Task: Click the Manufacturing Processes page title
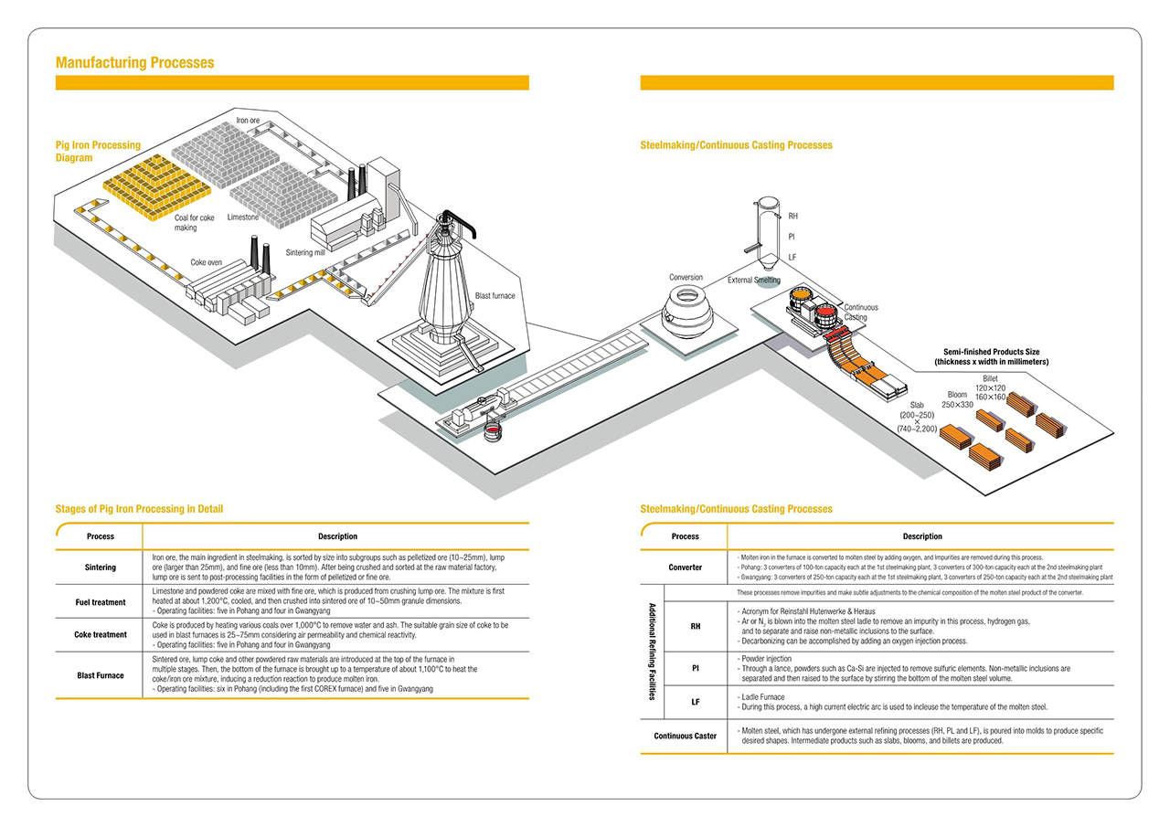(134, 62)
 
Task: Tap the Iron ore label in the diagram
(248, 121)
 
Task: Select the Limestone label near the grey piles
(243, 217)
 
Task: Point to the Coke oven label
(206, 262)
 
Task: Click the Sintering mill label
(306, 252)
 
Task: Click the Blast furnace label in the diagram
(495, 295)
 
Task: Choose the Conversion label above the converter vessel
(686, 277)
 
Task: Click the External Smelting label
(754, 281)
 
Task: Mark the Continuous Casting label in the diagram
(860, 313)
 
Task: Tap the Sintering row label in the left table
(101, 567)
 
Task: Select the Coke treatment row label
(101, 634)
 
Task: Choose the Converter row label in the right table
(685, 567)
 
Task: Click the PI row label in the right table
(696, 668)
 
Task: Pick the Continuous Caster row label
(685, 736)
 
